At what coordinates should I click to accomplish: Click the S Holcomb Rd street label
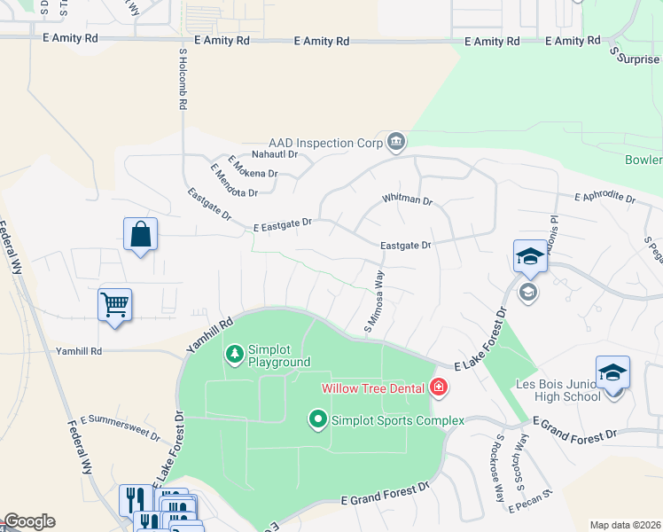(x=183, y=78)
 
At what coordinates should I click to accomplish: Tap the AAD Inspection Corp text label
(x=325, y=143)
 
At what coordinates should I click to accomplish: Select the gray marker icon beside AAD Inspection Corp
(x=396, y=141)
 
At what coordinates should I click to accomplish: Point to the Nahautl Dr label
(x=271, y=153)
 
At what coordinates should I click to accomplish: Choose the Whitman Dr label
(x=407, y=200)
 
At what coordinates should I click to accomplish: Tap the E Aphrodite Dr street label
(x=605, y=198)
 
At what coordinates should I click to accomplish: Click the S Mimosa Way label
(x=374, y=302)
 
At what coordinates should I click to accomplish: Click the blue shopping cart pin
(x=115, y=306)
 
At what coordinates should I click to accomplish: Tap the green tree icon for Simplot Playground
(x=235, y=355)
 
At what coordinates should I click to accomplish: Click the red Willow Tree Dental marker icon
(x=437, y=387)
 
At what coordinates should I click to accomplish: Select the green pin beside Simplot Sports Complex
(x=318, y=419)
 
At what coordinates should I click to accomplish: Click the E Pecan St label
(x=531, y=500)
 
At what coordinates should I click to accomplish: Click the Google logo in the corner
(x=28, y=521)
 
